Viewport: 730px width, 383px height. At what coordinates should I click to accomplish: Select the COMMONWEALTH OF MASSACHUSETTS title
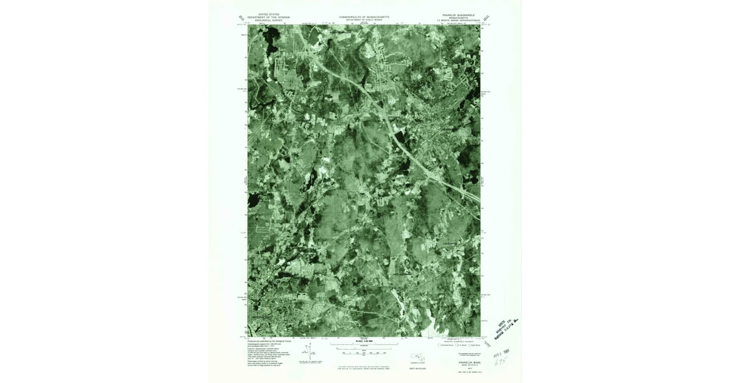(364, 17)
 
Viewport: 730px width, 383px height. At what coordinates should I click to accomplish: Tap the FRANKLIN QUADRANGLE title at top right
(458, 14)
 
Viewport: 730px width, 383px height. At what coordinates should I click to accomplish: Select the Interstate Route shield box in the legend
(440, 345)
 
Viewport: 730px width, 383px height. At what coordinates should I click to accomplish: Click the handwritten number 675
(500, 361)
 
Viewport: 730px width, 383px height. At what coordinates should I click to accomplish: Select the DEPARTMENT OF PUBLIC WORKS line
(364, 20)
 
